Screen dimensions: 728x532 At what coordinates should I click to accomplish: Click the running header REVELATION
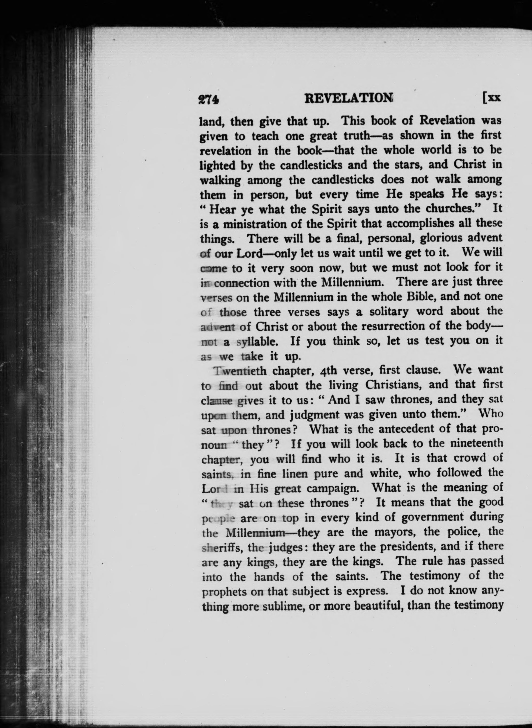pos(349,99)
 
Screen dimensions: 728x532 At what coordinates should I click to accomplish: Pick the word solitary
pos(389,312)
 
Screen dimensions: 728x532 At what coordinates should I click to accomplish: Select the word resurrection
pos(387,326)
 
